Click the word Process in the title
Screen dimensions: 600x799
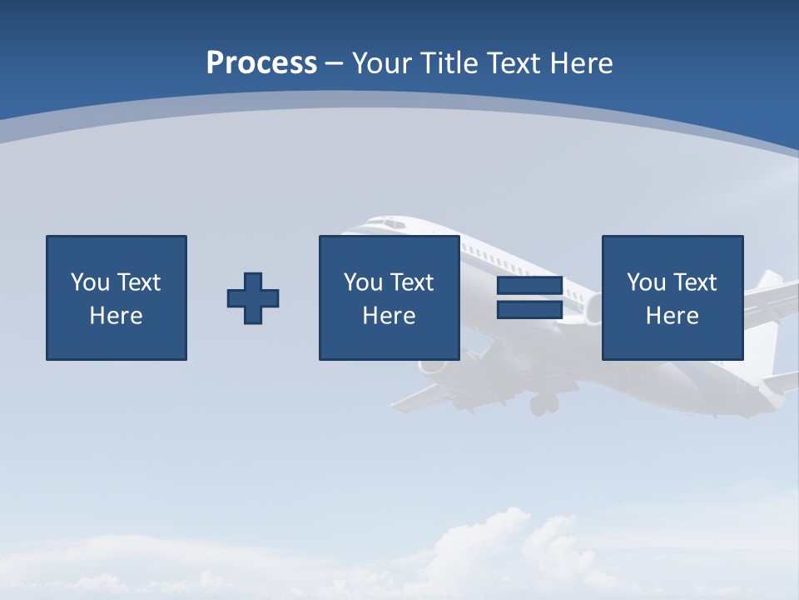tap(261, 63)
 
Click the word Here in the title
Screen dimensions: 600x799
tap(580, 63)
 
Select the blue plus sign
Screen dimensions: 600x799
tap(253, 298)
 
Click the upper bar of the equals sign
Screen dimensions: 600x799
tap(529, 286)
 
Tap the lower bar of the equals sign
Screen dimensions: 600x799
tap(529, 310)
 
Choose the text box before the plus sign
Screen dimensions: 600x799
tap(117, 298)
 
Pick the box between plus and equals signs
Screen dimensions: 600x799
tap(390, 298)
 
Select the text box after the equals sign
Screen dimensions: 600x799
tap(672, 298)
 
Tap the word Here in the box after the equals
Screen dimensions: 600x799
tap(672, 316)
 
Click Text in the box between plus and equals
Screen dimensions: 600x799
tap(412, 282)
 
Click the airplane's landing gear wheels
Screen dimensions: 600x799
tap(543, 405)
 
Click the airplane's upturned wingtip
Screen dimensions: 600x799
tap(769, 280)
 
